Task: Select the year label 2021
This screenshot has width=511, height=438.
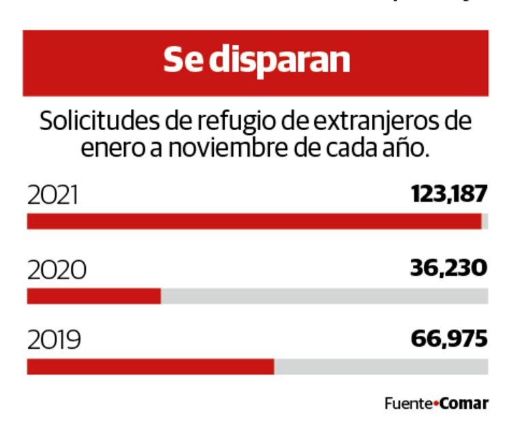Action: [53, 195]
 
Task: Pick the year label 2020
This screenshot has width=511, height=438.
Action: [57, 270]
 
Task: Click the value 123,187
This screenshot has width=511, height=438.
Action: [449, 195]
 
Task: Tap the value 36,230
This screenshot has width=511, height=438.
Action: [449, 268]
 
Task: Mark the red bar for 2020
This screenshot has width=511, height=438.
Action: [93, 296]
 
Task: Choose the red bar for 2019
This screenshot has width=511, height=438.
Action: [150, 366]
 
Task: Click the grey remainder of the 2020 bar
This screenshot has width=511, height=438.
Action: [324, 296]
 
